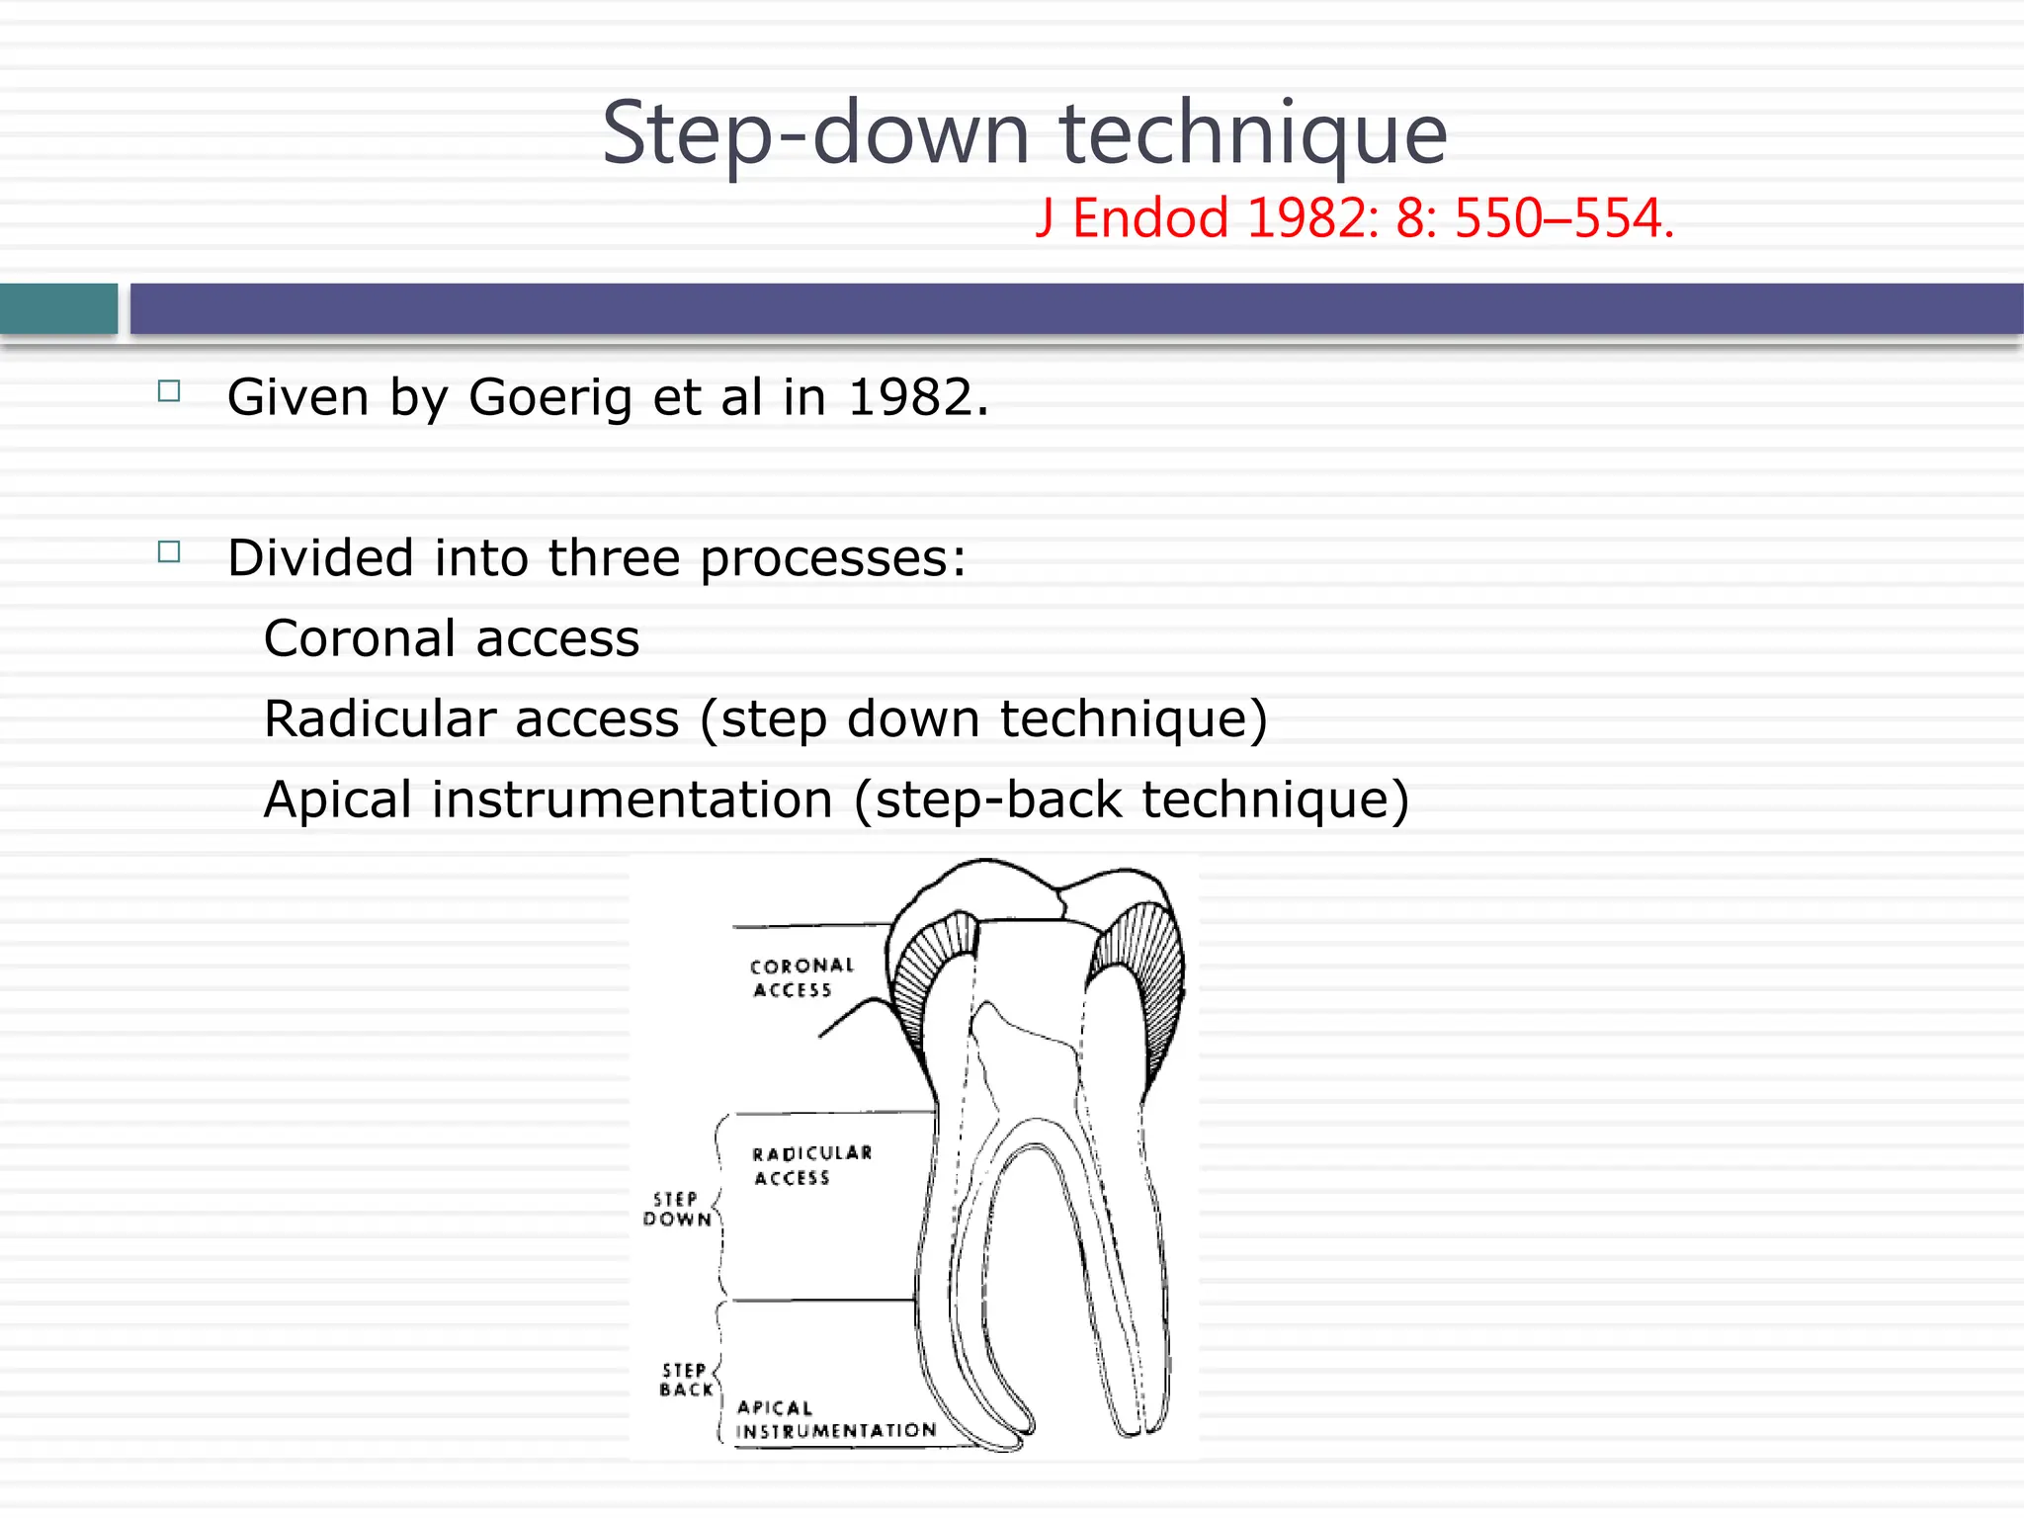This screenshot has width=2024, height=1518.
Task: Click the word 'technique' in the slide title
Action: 1253,134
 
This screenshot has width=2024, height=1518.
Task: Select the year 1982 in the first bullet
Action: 917,398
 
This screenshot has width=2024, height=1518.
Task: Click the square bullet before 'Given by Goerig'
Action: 169,391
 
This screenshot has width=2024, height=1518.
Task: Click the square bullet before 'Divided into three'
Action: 169,551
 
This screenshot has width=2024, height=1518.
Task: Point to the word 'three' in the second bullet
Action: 613,558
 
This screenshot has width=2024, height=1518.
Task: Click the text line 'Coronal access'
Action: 452,638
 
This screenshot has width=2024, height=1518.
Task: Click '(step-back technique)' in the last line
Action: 1132,800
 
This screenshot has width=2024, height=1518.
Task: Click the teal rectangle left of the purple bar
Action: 58,309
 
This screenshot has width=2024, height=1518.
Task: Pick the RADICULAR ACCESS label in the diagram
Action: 810,1165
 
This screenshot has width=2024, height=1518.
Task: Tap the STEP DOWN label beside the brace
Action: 677,1209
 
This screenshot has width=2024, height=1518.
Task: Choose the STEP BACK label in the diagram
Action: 686,1380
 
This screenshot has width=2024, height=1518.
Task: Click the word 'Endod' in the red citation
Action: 1150,218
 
